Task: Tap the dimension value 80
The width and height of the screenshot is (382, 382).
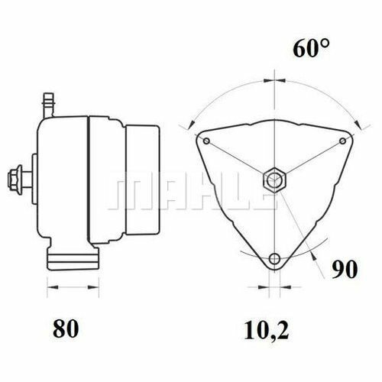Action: tap(66, 329)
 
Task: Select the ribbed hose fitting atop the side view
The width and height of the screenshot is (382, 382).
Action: tap(49, 99)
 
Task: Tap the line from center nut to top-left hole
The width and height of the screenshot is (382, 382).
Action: tap(239, 160)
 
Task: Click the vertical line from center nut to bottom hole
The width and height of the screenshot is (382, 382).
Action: tap(273, 222)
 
